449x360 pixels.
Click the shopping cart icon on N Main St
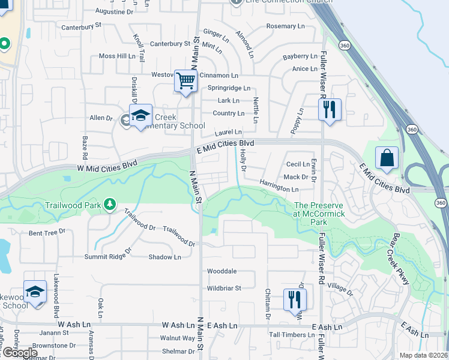coord(186,80)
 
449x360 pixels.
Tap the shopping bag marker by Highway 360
coord(387,159)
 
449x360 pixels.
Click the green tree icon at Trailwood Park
coord(109,205)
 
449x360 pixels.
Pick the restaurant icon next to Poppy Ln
coord(329,110)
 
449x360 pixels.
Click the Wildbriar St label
coord(223,288)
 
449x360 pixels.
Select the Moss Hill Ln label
coord(117,56)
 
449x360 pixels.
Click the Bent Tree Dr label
coord(47,232)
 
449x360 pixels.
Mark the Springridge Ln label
coord(229,88)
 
